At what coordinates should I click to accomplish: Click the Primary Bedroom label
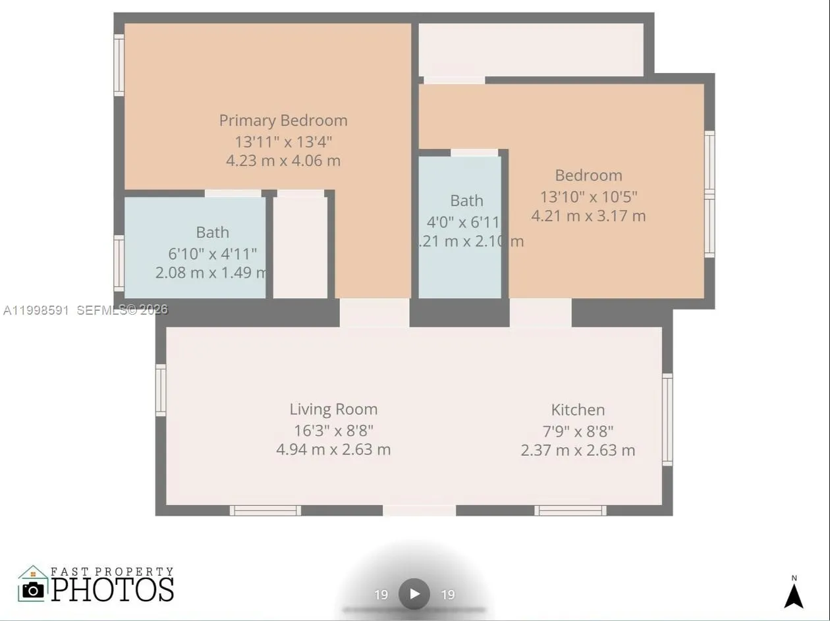(x=283, y=121)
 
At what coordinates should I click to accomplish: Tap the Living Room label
(x=333, y=409)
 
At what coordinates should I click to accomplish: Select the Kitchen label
(x=578, y=410)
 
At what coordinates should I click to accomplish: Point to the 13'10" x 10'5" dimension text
(x=588, y=196)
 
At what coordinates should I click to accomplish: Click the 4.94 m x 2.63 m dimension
(x=333, y=450)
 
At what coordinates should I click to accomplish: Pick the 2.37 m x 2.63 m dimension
(x=578, y=450)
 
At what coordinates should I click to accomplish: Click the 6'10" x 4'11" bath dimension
(x=212, y=254)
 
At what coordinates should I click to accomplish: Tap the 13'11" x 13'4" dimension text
(x=283, y=142)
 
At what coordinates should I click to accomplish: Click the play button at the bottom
(x=414, y=594)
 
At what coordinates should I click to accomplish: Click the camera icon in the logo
(x=32, y=589)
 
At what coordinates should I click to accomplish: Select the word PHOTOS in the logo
(x=113, y=589)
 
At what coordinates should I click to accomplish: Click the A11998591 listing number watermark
(x=36, y=310)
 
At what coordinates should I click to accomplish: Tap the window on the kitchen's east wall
(x=667, y=419)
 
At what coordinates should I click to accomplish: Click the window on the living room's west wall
(x=161, y=390)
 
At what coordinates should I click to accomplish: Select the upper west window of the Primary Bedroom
(x=119, y=65)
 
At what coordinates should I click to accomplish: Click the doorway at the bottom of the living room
(x=419, y=510)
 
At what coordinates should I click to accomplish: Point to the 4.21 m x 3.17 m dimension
(x=588, y=216)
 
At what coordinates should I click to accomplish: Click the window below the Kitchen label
(x=570, y=510)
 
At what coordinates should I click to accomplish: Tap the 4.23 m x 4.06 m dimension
(x=283, y=161)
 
